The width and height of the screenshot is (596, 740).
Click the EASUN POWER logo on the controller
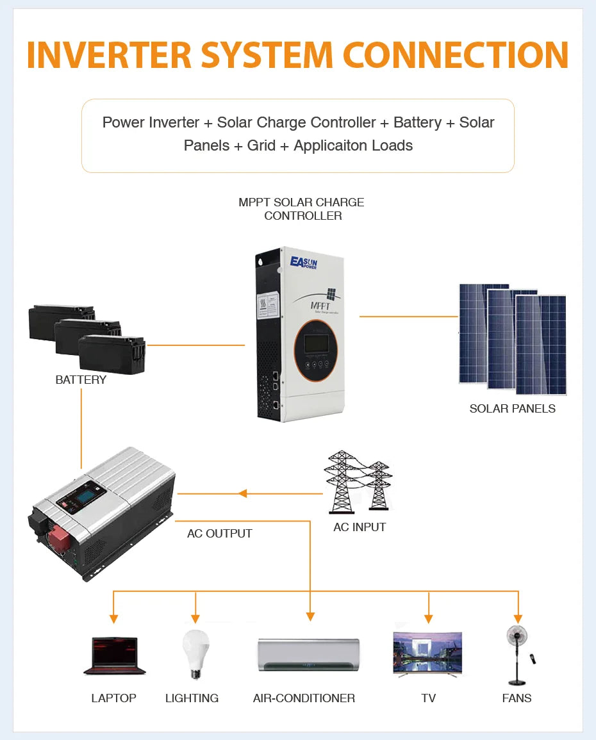(x=304, y=262)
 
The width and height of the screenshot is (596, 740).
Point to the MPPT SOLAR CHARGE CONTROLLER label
(x=301, y=209)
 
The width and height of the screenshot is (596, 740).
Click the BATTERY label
(x=81, y=380)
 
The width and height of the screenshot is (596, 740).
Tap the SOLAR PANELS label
(x=512, y=409)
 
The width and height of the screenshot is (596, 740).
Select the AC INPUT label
(x=360, y=527)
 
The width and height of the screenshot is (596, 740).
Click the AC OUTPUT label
(x=220, y=534)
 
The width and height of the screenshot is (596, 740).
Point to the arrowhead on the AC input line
(x=242, y=493)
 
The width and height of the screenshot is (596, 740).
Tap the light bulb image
(x=195, y=652)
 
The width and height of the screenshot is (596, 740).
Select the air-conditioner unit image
(x=308, y=655)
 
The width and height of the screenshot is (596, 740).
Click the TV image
(x=427, y=654)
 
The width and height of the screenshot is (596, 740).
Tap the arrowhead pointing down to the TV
(x=429, y=618)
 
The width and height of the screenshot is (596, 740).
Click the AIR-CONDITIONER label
(x=304, y=698)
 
